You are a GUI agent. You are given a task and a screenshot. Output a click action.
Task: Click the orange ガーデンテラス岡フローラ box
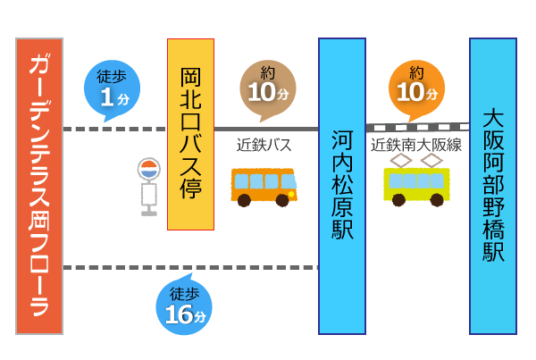(x=39, y=186)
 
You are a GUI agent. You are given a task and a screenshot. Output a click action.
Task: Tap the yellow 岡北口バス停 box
(x=190, y=134)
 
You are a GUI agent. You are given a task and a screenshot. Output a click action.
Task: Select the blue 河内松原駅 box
(x=342, y=186)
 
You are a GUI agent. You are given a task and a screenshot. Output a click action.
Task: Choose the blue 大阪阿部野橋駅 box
(x=493, y=186)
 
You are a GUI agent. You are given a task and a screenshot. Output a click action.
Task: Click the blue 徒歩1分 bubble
(x=112, y=88)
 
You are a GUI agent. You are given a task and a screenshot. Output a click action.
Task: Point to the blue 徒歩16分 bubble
(x=184, y=306)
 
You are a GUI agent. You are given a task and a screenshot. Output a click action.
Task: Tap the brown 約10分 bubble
(x=267, y=88)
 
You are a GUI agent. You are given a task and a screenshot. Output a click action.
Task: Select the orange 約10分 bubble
(x=416, y=88)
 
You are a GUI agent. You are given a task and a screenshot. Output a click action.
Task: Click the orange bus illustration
(x=264, y=185)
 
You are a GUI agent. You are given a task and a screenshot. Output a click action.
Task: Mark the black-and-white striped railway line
(x=417, y=128)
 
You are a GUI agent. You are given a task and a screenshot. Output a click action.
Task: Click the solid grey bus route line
(x=266, y=129)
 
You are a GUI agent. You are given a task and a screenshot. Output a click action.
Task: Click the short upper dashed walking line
(x=114, y=129)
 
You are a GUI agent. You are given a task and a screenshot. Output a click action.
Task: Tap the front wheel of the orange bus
(x=282, y=200)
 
